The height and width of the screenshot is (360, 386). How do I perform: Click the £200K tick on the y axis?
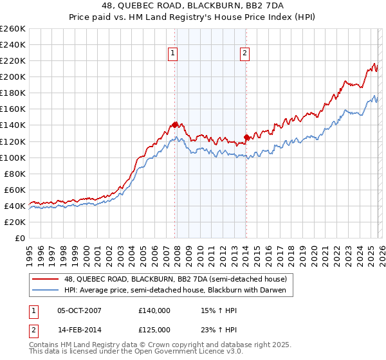pyautogui.click(x=13, y=76)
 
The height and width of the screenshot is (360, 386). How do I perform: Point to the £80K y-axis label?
pyautogui.click(x=15, y=174)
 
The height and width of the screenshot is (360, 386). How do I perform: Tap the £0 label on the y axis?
pyautogui.click(x=20, y=238)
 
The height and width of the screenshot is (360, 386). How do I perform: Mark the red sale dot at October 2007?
pyautogui.click(x=174, y=125)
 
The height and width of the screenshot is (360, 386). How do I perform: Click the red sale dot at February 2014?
pyautogui.click(x=246, y=137)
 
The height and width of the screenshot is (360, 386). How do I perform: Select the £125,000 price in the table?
pyautogui.click(x=154, y=329)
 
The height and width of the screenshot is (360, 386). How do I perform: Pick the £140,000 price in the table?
pyautogui.click(x=154, y=310)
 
